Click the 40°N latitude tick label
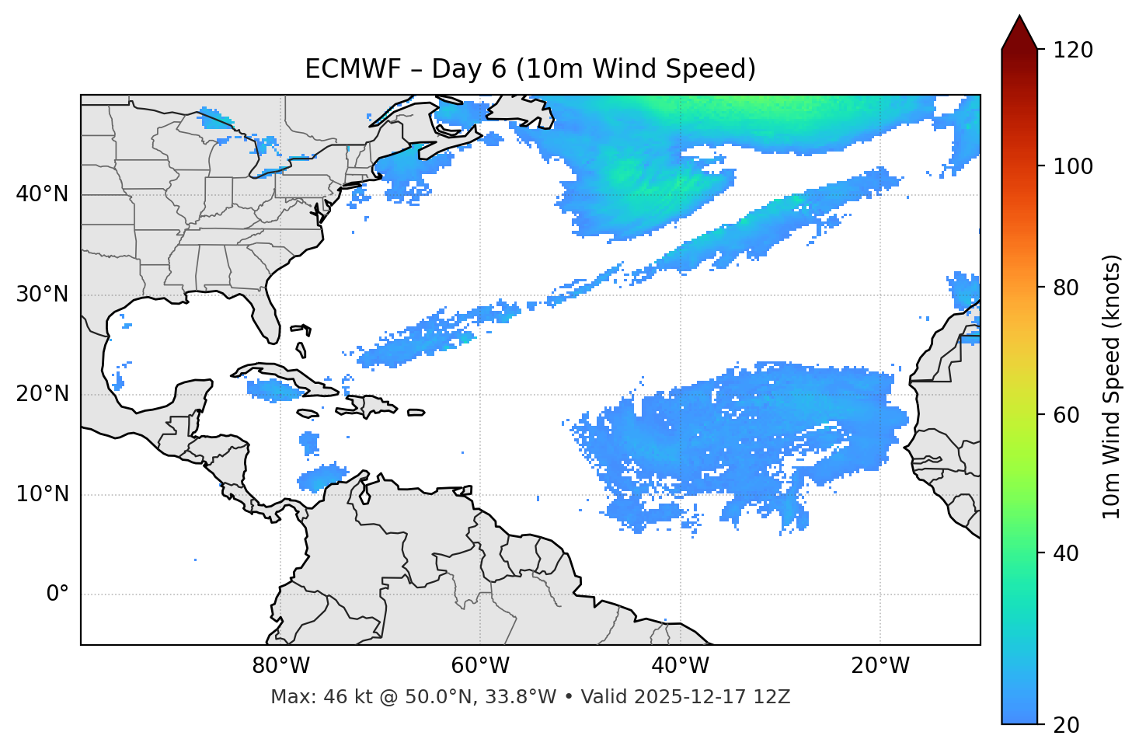click(42, 194)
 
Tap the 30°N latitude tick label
click(42, 295)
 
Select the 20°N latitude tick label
click(42, 394)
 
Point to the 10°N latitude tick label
click(42, 494)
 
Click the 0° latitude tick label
click(57, 594)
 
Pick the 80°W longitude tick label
click(280, 666)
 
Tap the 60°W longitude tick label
click(479, 666)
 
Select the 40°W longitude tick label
click(680, 666)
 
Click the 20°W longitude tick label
click(880, 666)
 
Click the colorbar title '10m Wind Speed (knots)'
click(1112, 386)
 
